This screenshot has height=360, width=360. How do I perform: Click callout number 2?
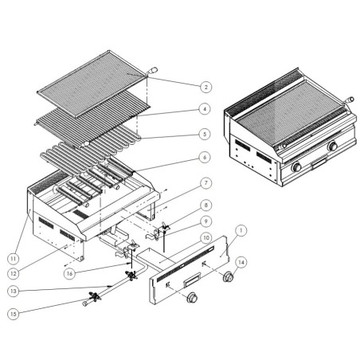coord(205,87)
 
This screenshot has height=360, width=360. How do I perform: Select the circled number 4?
coord(205,109)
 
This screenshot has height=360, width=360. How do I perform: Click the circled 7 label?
coord(205,182)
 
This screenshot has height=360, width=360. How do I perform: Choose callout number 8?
coord(205,205)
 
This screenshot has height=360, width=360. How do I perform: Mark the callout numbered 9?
coord(205,221)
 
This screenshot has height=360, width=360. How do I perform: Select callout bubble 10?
coord(205,237)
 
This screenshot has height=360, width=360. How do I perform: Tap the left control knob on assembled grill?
coord(296,168)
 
